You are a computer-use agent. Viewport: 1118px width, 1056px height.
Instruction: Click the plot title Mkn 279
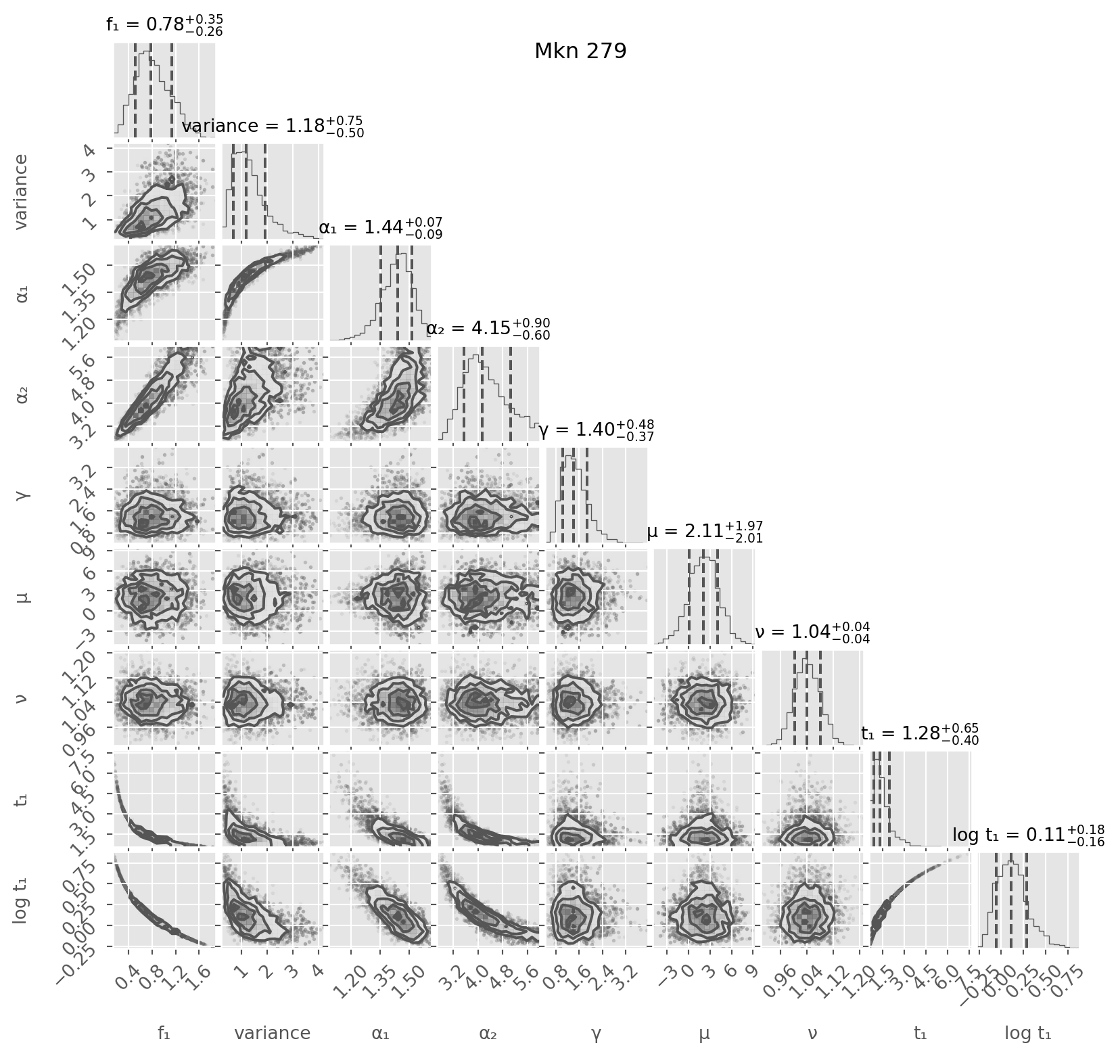pos(580,51)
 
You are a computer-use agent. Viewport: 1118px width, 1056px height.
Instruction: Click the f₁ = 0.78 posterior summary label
pos(164,25)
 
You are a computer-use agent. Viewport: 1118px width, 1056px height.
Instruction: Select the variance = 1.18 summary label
pos(273,127)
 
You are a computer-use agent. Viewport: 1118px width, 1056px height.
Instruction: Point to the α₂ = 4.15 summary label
pos(488,329)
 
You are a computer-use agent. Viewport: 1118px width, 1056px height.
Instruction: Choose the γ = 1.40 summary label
pos(596,430)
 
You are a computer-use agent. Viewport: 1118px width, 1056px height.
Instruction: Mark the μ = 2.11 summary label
pos(705,532)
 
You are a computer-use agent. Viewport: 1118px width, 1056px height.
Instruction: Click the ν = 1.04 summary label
pos(812,633)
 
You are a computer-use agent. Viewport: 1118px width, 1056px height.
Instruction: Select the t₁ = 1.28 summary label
pos(920,734)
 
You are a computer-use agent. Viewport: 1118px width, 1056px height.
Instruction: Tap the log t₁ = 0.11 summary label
pos(1028,835)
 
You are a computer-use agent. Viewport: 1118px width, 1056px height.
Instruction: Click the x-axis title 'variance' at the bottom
pos(273,1033)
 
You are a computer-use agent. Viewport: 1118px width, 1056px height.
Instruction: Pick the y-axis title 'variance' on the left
pos(22,191)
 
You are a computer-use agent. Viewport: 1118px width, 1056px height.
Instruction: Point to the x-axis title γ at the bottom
pos(596,1033)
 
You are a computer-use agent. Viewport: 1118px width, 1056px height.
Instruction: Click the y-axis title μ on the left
pos(22,596)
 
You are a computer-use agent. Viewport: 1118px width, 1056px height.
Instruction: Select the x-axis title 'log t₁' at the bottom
pos(1028,1033)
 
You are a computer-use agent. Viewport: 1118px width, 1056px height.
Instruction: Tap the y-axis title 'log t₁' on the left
pos(22,899)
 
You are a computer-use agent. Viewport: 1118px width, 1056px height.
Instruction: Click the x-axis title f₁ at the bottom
pos(164,1033)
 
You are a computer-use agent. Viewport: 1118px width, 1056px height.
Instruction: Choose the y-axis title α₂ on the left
pos(22,394)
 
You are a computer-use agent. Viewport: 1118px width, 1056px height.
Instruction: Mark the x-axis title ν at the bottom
pos(812,1033)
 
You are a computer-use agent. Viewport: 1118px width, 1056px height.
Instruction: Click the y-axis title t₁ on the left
pos(22,798)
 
